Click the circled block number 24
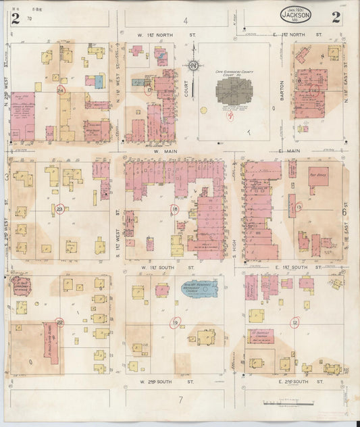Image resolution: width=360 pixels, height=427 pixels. (61, 89)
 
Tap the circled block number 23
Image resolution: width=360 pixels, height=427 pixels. (60, 209)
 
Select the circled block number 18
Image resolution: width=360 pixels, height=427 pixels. (175, 209)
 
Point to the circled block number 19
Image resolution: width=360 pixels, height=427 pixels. (176, 322)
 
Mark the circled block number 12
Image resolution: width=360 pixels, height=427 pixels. (296, 322)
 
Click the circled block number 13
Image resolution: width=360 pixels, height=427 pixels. (298, 207)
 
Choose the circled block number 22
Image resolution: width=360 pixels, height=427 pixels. (59, 322)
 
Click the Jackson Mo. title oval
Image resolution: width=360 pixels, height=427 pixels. (296, 14)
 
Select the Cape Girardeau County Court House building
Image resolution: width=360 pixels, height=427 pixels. (233, 91)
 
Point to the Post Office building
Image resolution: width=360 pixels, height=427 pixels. (318, 176)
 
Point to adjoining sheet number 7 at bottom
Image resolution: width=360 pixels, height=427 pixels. (180, 399)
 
